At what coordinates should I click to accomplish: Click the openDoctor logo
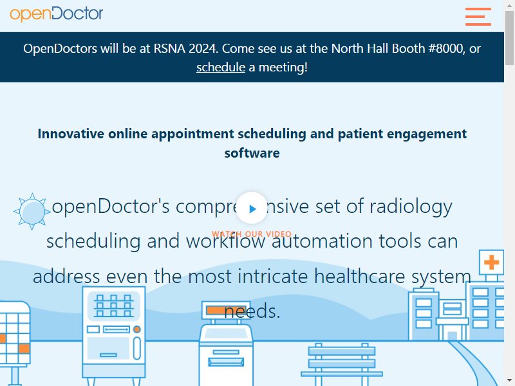[56, 14]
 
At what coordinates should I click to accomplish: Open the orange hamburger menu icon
[478, 17]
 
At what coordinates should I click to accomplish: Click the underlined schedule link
[221, 68]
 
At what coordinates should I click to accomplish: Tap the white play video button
[252, 208]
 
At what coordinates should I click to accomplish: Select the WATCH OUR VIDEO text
[252, 234]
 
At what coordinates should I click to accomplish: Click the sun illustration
[32, 212]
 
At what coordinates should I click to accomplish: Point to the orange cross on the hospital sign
[491, 262]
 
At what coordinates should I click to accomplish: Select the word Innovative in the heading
[71, 134]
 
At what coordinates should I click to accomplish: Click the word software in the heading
[252, 153]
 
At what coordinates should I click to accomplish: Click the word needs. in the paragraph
[252, 311]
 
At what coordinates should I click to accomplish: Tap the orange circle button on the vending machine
[137, 329]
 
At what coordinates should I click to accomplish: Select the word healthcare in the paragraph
[360, 276]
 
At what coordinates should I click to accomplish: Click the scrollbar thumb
[509, 38]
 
